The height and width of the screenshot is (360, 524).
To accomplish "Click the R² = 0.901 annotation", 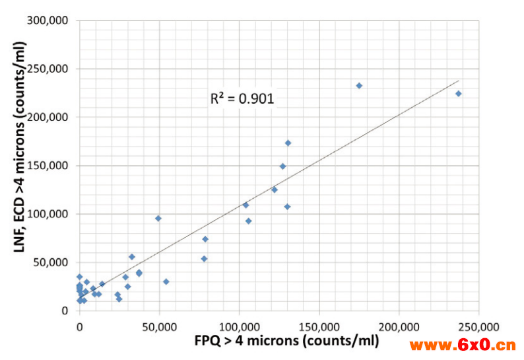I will [x=242, y=99].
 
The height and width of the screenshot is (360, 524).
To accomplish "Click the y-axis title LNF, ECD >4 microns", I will [x=18, y=165].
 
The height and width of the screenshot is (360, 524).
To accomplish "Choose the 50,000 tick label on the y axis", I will [x=52, y=262].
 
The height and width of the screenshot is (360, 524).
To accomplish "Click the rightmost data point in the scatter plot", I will [x=459, y=94].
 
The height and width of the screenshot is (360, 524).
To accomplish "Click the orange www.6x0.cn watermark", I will [x=462, y=345].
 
